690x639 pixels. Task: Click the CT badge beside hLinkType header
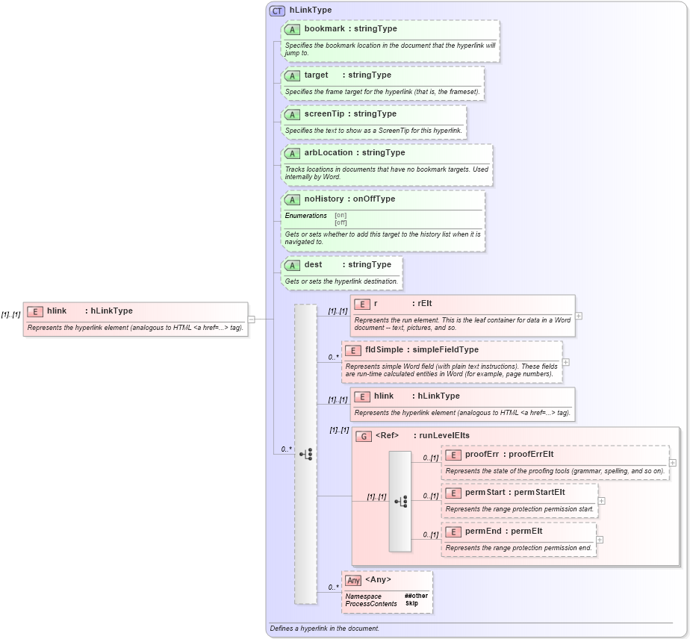(x=277, y=10)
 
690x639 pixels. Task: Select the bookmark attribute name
(x=324, y=29)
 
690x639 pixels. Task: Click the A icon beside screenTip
(x=293, y=114)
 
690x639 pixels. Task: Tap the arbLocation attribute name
(x=329, y=153)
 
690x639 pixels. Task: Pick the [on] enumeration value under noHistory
(x=341, y=215)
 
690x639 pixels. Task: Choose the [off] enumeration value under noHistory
(x=341, y=222)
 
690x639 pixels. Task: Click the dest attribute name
(x=314, y=265)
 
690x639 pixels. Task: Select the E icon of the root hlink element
(x=34, y=311)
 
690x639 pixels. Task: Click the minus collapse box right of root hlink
(x=252, y=319)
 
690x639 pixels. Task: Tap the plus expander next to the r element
(x=579, y=316)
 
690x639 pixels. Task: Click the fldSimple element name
(x=384, y=350)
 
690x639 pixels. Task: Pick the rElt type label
(x=424, y=304)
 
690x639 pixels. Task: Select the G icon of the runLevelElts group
(x=363, y=436)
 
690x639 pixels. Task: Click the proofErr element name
(x=482, y=455)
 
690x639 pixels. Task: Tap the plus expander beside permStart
(x=602, y=501)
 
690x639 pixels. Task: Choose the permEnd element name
(x=482, y=532)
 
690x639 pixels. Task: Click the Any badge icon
(x=353, y=580)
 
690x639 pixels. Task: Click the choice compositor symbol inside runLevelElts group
(x=400, y=501)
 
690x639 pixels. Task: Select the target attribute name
(x=317, y=75)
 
